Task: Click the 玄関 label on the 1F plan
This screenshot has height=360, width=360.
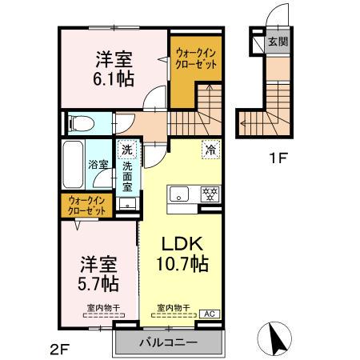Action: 276,41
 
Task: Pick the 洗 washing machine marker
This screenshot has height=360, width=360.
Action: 128,149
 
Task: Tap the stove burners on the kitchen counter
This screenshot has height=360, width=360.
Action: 210,193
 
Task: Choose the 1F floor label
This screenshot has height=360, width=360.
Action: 277,158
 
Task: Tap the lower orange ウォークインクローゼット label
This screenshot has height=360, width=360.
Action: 87,205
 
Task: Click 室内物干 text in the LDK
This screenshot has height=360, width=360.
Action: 172,307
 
